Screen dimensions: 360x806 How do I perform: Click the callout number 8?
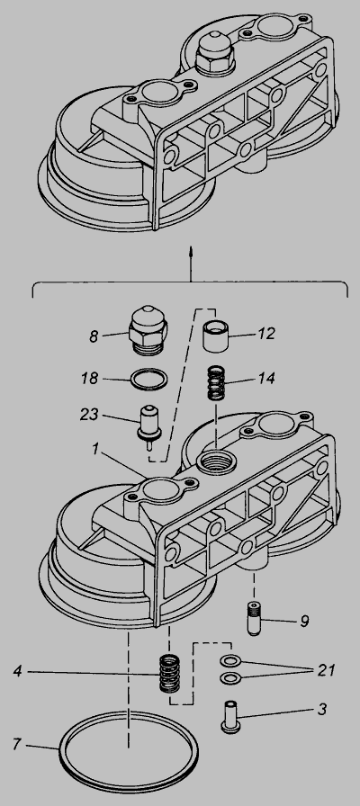(93, 336)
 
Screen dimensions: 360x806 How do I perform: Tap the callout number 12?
(267, 334)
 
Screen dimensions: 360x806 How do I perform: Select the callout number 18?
(89, 379)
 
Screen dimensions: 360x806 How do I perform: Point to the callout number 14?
(266, 379)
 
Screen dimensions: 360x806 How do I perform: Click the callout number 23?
(89, 415)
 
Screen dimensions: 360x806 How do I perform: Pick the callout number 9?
(304, 622)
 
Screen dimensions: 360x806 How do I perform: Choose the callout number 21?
(326, 670)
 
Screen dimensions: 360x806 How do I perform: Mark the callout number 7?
(17, 744)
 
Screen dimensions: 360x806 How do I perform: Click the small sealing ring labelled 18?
(149, 381)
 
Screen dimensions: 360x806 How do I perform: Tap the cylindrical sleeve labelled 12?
(215, 336)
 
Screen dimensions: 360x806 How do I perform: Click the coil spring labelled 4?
(169, 673)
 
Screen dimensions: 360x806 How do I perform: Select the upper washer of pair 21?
(230, 660)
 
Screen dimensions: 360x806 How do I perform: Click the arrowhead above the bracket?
(191, 250)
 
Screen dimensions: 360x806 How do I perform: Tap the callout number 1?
(95, 449)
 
